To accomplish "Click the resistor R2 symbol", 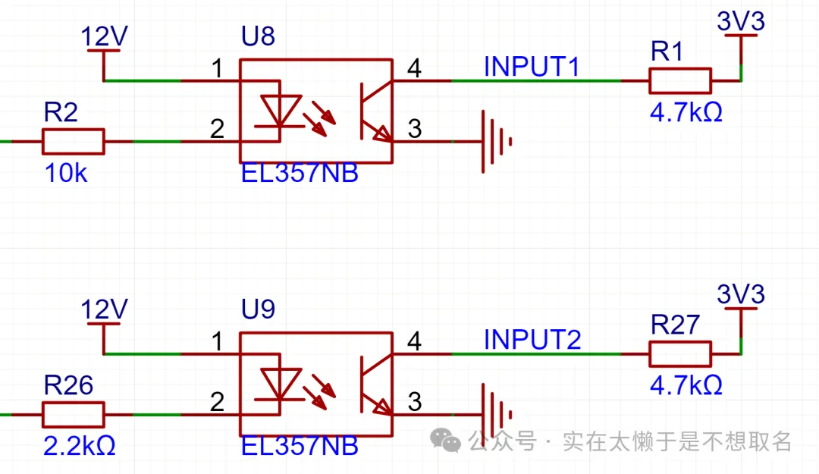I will pyautogui.click(x=73, y=141).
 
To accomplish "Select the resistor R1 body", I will pyautogui.click(x=680, y=80).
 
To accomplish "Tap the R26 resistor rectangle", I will pyautogui.click(x=73, y=415).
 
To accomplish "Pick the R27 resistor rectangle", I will pyautogui.click(x=680, y=353).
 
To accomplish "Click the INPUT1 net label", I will pyautogui.click(x=532, y=67).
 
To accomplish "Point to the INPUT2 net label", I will pyautogui.click(x=532, y=339).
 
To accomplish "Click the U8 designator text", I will pyautogui.click(x=258, y=37).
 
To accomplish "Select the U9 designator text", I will pyautogui.click(x=258, y=310).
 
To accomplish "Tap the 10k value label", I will pyautogui.click(x=66, y=174).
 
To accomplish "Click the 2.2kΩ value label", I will pyautogui.click(x=80, y=446).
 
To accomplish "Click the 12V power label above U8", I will pyautogui.click(x=105, y=36).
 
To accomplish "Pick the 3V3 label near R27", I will pyautogui.click(x=740, y=294).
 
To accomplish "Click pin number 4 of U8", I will pyautogui.click(x=414, y=68).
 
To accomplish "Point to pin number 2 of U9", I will pyautogui.click(x=218, y=402).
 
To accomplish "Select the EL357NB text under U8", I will pyautogui.click(x=300, y=174).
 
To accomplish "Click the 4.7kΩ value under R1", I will pyautogui.click(x=686, y=112).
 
